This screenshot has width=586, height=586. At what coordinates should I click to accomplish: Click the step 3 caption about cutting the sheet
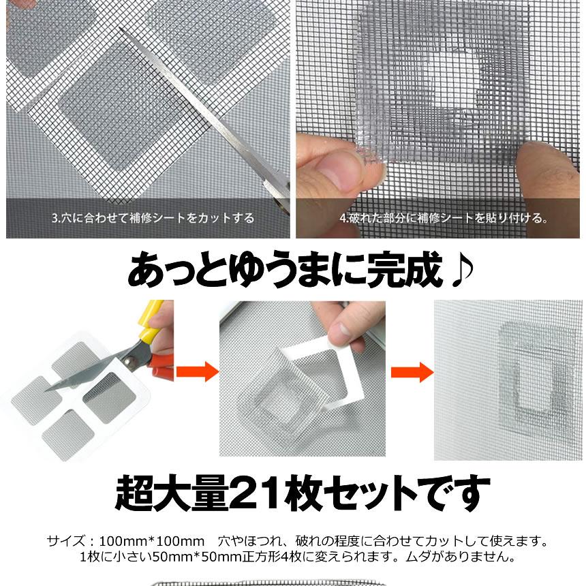[x=153, y=219]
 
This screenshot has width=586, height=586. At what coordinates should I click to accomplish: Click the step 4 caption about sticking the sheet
[x=444, y=219]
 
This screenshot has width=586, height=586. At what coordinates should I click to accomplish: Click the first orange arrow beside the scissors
[x=197, y=371]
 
